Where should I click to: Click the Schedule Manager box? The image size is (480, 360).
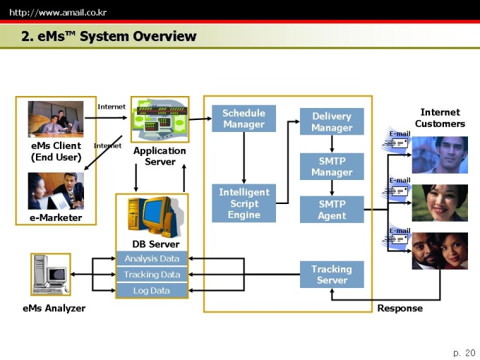coord(244,119)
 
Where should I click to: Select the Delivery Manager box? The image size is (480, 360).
coord(332,121)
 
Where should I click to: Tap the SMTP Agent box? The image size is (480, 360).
coord(332,210)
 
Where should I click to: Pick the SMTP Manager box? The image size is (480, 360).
coord(332,167)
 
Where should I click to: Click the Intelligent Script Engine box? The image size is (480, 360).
coord(244,203)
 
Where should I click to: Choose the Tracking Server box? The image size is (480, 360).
coord(332,275)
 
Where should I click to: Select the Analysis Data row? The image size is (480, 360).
coord(152,258)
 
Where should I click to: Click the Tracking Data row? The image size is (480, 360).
coord(152,275)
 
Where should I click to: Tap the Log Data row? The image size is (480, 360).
coord(152,291)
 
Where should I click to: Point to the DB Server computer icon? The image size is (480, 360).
coord(155,217)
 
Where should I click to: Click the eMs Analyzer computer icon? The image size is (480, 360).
coord(51,275)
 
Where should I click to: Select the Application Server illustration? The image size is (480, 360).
coord(160,119)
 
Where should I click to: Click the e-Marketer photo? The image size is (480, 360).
coord(56,191)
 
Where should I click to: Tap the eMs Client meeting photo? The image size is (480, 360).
coord(56,119)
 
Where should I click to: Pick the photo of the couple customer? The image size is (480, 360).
coord(440,251)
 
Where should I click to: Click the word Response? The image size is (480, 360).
coord(400,308)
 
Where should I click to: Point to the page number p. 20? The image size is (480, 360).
coord(464,353)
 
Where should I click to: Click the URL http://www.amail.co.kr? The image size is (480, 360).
coord(58,13)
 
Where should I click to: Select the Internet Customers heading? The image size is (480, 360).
coord(440,118)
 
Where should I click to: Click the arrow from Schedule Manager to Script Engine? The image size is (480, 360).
coord(244,157)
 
